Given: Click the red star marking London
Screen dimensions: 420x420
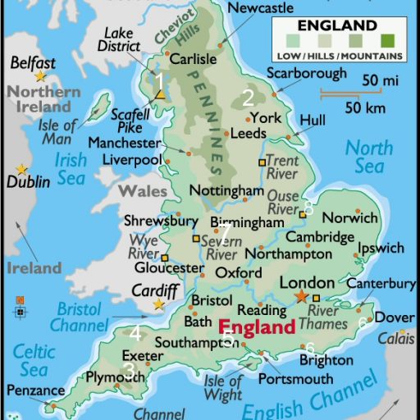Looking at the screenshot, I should click(303, 295).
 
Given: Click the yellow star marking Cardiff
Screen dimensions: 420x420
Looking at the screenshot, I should click(159, 304).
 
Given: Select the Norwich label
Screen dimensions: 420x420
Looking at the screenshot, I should click(350, 218).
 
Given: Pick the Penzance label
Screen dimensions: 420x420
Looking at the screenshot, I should click(36, 390).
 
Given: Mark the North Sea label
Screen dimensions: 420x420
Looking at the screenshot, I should click(369, 157).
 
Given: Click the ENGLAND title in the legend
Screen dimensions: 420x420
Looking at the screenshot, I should click(338, 25).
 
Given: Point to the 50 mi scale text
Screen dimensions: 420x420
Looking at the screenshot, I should click(381, 81).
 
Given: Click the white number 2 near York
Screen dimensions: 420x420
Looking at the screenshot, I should click(249, 98).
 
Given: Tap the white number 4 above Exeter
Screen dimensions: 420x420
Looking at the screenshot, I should click(135, 333).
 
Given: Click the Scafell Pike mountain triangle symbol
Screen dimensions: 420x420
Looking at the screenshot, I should click(161, 96).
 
